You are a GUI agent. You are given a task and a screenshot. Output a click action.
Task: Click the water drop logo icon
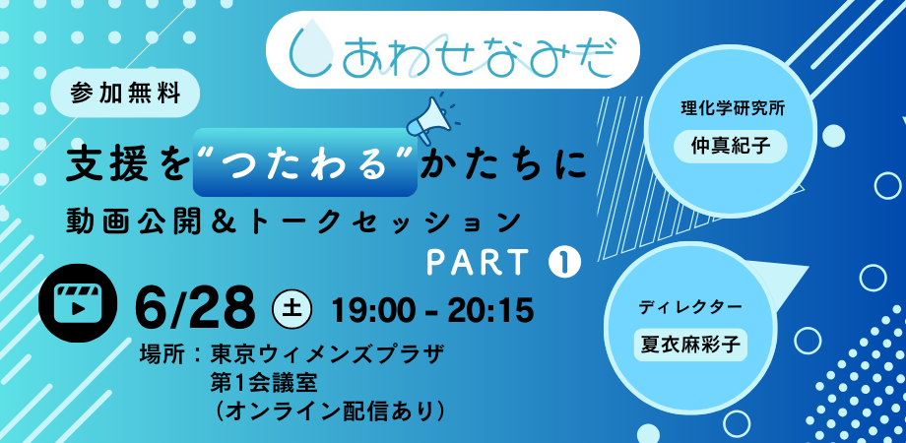click(310, 51)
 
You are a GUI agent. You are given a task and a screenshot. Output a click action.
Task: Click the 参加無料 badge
click(125, 93)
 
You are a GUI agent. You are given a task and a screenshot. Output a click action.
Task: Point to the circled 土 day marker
click(292, 309)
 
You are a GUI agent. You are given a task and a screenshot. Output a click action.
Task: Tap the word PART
click(477, 264)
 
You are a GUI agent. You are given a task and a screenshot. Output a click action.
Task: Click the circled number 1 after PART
click(564, 264)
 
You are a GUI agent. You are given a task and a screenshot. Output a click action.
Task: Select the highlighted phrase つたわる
click(305, 162)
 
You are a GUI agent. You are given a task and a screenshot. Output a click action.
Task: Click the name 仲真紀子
click(731, 146)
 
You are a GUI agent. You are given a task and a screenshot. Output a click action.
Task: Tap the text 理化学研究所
click(731, 108)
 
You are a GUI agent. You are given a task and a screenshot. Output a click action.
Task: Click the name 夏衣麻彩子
click(690, 345)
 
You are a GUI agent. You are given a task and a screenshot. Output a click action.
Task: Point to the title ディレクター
click(690, 307)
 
